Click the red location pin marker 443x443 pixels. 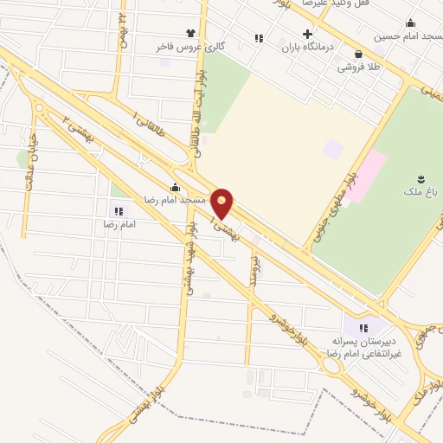[222, 202]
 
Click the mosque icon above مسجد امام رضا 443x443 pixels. [176, 187]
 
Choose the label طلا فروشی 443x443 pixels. [357, 66]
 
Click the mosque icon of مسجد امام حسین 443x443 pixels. [410, 23]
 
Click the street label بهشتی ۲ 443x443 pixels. [83, 131]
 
